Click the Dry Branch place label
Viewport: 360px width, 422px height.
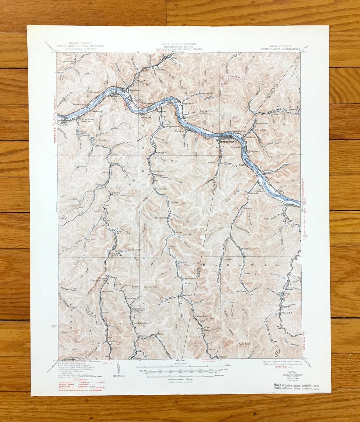point(99,140)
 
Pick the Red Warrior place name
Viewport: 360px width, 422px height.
point(108,291)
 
